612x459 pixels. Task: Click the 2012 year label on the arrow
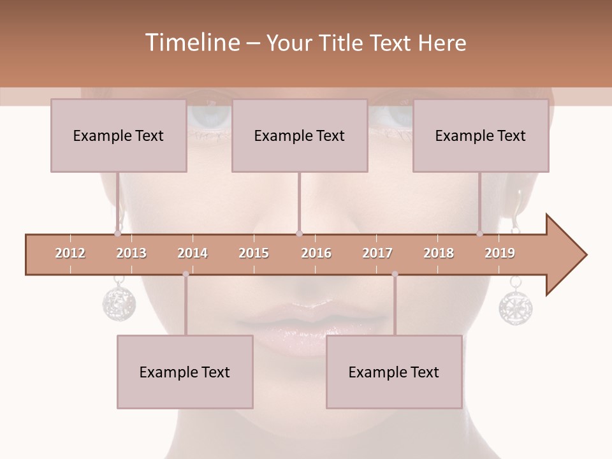click(70, 253)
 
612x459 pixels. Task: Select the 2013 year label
click(131, 253)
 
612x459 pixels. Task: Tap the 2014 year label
click(193, 253)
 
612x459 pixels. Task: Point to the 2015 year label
click(254, 253)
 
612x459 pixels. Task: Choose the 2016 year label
click(316, 253)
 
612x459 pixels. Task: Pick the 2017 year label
click(377, 253)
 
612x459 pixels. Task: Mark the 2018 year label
click(439, 253)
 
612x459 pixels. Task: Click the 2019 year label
click(500, 253)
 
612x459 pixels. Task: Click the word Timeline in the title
click(191, 43)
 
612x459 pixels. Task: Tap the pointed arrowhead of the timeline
click(567, 255)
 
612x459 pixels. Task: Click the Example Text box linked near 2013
click(119, 135)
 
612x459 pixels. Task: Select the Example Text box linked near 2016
click(300, 135)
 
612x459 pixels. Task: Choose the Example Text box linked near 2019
click(481, 135)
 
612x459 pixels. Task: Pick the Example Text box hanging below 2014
click(185, 372)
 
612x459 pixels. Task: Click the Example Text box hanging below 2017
click(394, 372)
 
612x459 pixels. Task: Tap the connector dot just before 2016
click(300, 234)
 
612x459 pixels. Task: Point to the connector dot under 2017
click(395, 274)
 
